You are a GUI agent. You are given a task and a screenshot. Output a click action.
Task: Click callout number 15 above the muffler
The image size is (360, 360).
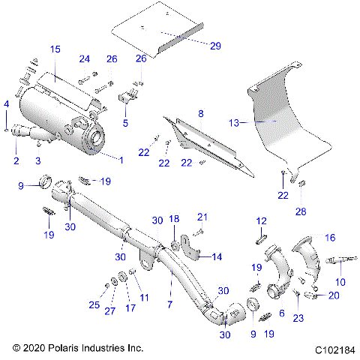55,49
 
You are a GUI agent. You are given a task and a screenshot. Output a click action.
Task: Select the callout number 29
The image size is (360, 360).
215,46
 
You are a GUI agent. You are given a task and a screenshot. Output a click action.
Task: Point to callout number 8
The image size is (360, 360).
200,113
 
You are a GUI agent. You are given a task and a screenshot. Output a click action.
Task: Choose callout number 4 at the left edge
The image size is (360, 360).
7,103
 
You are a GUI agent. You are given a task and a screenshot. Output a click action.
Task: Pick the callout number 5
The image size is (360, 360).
125,122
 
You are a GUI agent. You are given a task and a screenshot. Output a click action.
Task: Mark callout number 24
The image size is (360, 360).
85,58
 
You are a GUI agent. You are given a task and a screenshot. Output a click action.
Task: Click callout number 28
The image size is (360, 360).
301,211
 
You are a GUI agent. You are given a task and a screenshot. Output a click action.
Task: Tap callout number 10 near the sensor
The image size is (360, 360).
340,282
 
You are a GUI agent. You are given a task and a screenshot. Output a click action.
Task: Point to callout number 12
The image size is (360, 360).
262,221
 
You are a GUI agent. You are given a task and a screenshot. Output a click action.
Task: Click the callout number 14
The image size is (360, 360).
217,256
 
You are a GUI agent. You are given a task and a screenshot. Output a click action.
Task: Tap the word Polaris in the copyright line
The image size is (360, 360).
67,348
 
